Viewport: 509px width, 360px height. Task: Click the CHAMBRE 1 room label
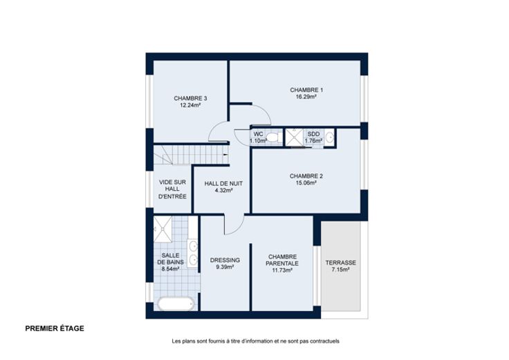[x=306, y=90]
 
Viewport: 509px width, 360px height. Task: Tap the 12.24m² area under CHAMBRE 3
[x=190, y=105]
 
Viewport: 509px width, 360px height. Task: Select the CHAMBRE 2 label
[x=306, y=176]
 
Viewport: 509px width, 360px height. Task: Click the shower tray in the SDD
[x=294, y=138]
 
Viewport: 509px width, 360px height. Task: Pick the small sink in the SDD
[x=329, y=138]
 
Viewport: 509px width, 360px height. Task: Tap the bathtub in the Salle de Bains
[x=176, y=304]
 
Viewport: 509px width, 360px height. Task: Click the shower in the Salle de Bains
[x=163, y=229]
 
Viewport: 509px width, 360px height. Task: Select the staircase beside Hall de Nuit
[x=191, y=155]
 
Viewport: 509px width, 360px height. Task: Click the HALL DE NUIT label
[x=223, y=184]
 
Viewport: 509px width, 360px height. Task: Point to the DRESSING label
[x=225, y=260]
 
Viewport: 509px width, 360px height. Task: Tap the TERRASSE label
[x=340, y=263]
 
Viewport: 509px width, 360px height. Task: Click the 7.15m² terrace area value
[x=340, y=270]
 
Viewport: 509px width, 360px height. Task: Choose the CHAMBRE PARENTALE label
[x=282, y=260]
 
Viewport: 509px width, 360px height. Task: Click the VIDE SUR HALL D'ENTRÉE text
[x=172, y=189]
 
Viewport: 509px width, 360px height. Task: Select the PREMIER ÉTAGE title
[x=55, y=328]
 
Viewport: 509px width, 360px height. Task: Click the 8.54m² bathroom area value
[x=170, y=269]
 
